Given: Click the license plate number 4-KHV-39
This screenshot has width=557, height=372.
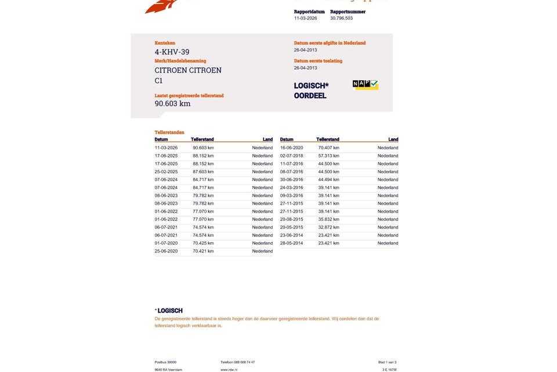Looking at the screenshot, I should pyautogui.click(x=172, y=52).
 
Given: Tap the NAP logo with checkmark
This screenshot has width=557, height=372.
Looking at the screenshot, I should pyautogui.click(x=366, y=85).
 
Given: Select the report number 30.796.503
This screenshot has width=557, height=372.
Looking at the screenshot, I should pyautogui.click(x=341, y=18).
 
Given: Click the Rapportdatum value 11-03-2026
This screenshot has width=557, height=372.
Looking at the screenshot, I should pyautogui.click(x=305, y=18).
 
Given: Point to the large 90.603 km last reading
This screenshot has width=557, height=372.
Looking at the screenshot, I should pyautogui.click(x=172, y=103).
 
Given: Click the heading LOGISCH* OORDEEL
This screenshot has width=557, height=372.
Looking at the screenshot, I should pyautogui.click(x=311, y=91).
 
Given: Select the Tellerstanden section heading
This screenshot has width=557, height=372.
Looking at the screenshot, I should pyautogui.click(x=169, y=132).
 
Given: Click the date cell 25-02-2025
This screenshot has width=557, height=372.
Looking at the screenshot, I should pyautogui.click(x=166, y=171).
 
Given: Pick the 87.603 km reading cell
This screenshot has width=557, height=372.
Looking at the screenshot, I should pyautogui.click(x=203, y=171).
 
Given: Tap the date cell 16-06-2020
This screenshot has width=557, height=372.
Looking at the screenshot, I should pyautogui.click(x=291, y=148).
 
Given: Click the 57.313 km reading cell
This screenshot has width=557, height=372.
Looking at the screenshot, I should pyautogui.click(x=328, y=156).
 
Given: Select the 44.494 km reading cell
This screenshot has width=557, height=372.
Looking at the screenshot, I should pyautogui.click(x=328, y=180).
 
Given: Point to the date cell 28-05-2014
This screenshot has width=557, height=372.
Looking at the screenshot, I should pyautogui.click(x=291, y=243).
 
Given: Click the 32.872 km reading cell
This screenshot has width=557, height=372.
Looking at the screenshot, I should pyautogui.click(x=328, y=227).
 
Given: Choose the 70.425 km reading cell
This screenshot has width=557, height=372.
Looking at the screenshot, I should pyautogui.click(x=203, y=243).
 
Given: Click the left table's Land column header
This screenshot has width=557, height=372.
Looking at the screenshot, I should pyautogui.click(x=267, y=139).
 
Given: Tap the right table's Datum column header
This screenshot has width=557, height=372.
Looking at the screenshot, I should pyautogui.click(x=287, y=139).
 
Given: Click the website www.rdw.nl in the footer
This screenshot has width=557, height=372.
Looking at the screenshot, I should pyautogui.click(x=229, y=370).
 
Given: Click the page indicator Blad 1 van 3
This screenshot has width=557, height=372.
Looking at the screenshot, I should pyautogui.click(x=387, y=362).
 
